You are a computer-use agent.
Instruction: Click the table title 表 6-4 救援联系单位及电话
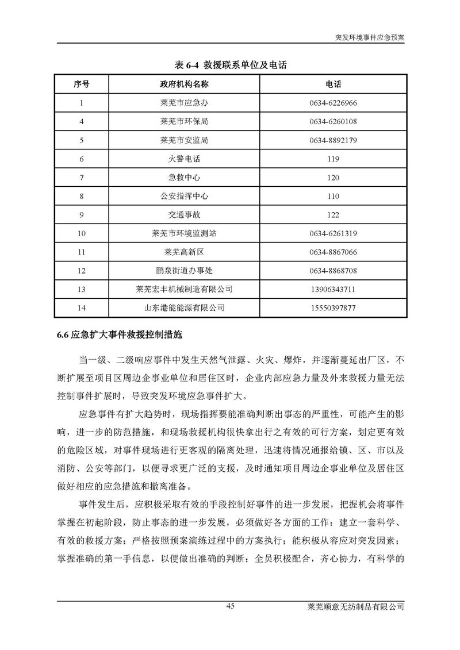coord(230,66)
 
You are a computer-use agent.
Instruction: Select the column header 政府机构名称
coord(184,84)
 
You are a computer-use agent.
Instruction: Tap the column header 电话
coord(333,84)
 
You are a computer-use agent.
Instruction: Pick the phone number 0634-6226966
coord(333,103)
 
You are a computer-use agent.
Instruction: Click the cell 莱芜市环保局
coord(184,122)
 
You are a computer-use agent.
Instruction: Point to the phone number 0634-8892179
coord(333,140)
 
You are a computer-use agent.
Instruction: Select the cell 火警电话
coord(184,159)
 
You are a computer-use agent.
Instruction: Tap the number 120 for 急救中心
coord(333,178)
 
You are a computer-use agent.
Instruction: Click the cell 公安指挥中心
coord(184,197)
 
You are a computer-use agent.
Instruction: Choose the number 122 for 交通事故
coord(333,215)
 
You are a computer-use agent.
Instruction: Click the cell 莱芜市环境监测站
coord(184,233)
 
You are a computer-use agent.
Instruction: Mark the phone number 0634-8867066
coord(333,252)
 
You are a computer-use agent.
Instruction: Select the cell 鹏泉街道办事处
coord(184,271)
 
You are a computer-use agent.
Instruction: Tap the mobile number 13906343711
coord(333,289)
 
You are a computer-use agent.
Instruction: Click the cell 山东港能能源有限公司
coord(184,308)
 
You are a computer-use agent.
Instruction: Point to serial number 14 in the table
coord(81,308)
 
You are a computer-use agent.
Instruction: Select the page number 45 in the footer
coord(230,606)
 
